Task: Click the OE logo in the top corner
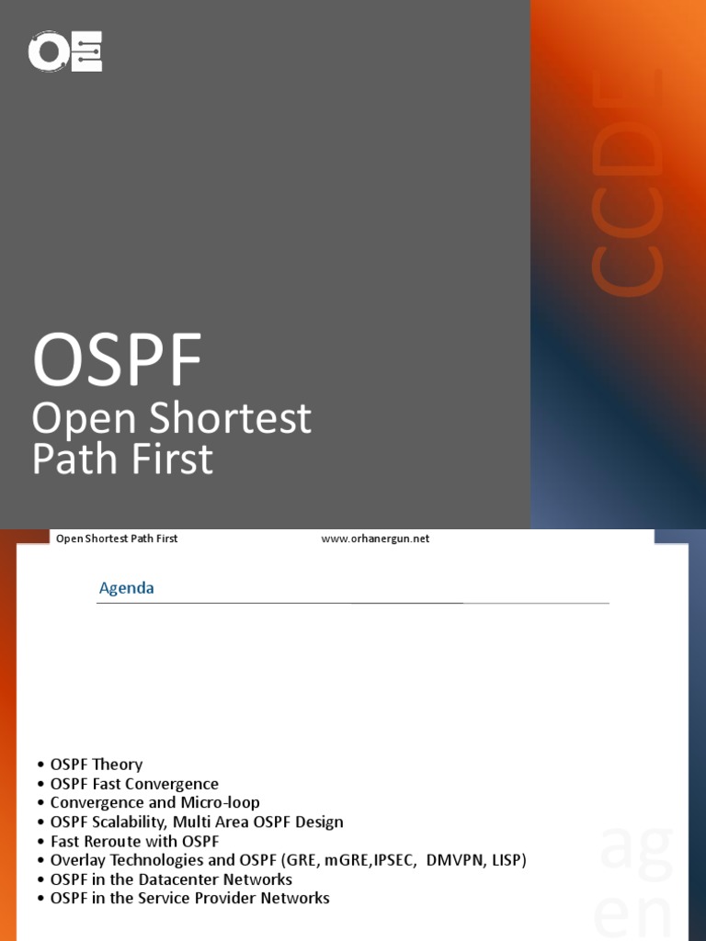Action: tap(65, 51)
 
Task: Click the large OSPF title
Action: tap(117, 361)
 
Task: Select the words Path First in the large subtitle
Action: tap(122, 459)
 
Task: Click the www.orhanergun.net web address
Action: tap(375, 539)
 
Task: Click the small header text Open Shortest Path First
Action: tap(117, 539)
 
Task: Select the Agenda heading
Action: tap(127, 588)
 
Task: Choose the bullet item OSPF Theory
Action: tap(97, 765)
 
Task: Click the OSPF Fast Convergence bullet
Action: tap(134, 784)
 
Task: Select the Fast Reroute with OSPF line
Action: tap(134, 841)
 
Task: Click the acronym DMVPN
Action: tap(456, 860)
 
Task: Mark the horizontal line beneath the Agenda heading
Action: tap(354, 603)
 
